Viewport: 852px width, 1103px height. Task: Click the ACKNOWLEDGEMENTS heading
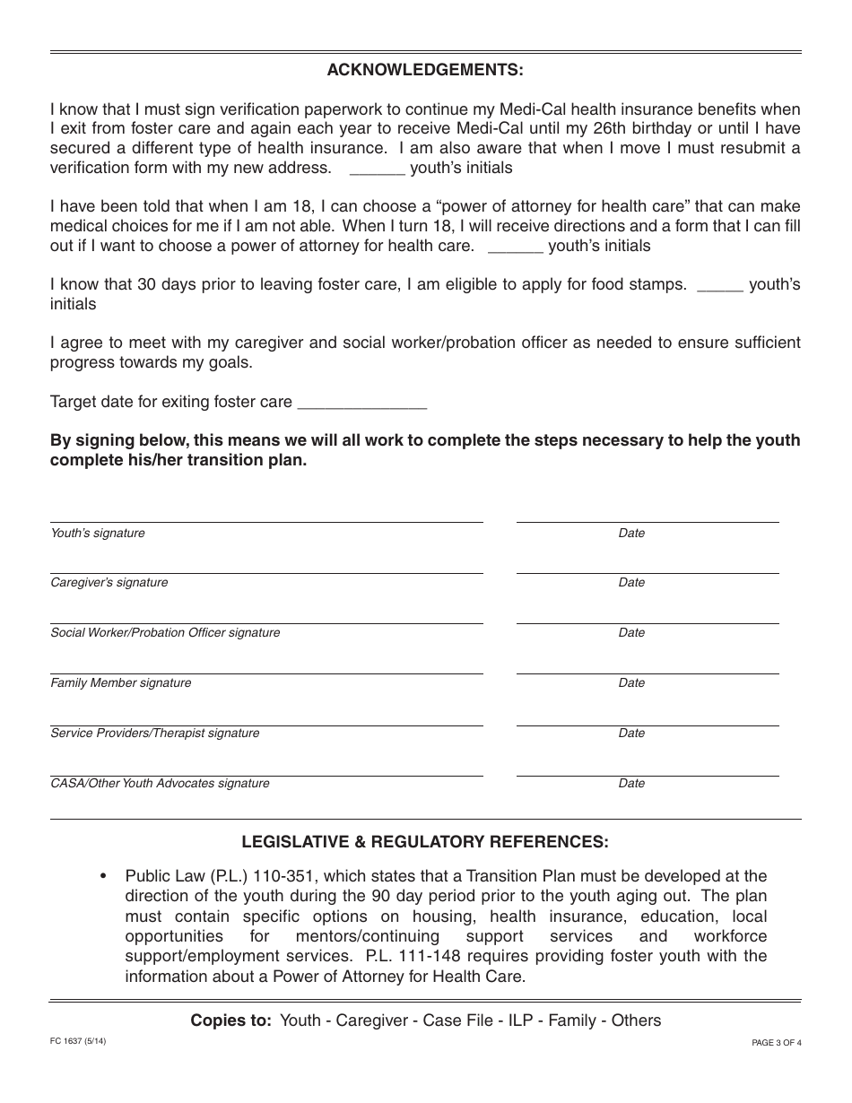[425, 70]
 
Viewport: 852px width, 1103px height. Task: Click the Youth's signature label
[98, 534]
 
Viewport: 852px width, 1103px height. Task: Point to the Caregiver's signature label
[109, 583]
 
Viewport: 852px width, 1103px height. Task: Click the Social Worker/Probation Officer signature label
[165, 633]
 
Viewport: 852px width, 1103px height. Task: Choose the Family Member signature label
[121, 683]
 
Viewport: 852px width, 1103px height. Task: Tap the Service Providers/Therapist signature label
[155, 734]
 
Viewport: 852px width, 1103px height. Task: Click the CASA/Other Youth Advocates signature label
[160, 784]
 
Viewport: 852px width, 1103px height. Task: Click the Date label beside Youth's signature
[631, 534]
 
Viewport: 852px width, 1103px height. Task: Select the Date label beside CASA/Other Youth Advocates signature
[631, 784]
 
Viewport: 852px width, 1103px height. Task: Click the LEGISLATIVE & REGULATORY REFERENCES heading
[425, 842]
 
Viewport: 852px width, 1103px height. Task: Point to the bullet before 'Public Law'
[105, 876]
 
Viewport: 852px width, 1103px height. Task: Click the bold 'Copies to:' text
[230, 1020]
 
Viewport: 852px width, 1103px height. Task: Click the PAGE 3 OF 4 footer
[776, 1043]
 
